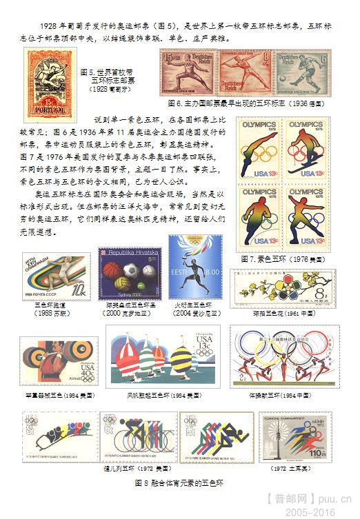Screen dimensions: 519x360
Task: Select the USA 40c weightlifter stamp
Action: pyautogui.click(x=58, y=360)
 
